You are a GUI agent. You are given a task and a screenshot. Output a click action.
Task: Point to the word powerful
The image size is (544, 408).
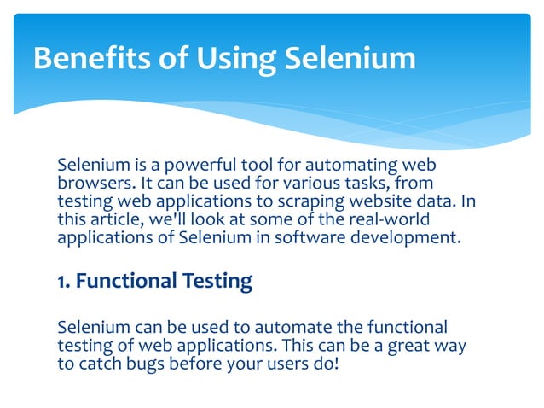coord(201,165)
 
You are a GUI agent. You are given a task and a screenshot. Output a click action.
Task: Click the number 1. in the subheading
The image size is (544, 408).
coord(64,282)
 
